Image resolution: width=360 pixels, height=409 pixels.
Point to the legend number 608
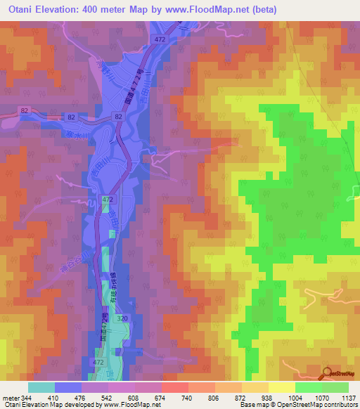pyautogui.click(x=148, y=397)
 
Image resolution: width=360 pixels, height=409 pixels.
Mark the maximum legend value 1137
pyautogui.click(x=349, y=397)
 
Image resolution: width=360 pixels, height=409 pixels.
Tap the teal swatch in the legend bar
pyautogui.click(x=41, y=387)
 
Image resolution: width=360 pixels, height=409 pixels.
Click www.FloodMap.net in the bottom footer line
pyautogui.click(x=134, y=405)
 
